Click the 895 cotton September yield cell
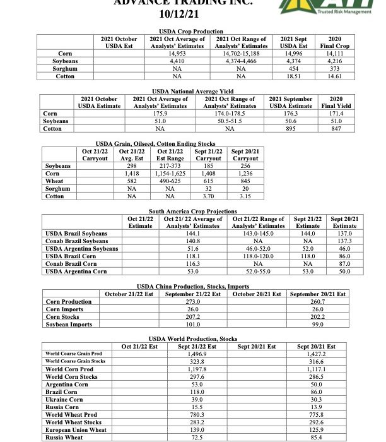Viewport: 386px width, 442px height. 291,128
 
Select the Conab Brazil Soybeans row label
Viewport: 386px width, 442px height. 78,241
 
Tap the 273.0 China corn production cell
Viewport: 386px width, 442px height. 194,302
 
